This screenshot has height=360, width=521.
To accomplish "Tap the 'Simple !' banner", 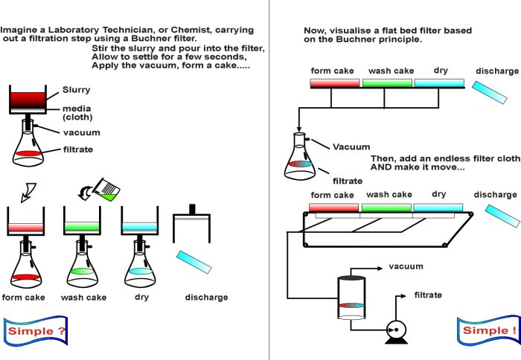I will [x=488, y=330].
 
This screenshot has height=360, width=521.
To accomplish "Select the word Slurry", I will [x=76, y=90].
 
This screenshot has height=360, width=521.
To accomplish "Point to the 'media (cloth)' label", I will [x=77, y=112].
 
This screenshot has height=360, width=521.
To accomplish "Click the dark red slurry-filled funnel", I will [x=29, y=99].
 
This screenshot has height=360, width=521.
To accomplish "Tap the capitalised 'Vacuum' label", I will [x=351, y=147].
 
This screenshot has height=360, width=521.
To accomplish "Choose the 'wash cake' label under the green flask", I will [x=84, y=298].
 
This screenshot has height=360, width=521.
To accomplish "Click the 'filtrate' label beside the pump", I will [x=428, y=295].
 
